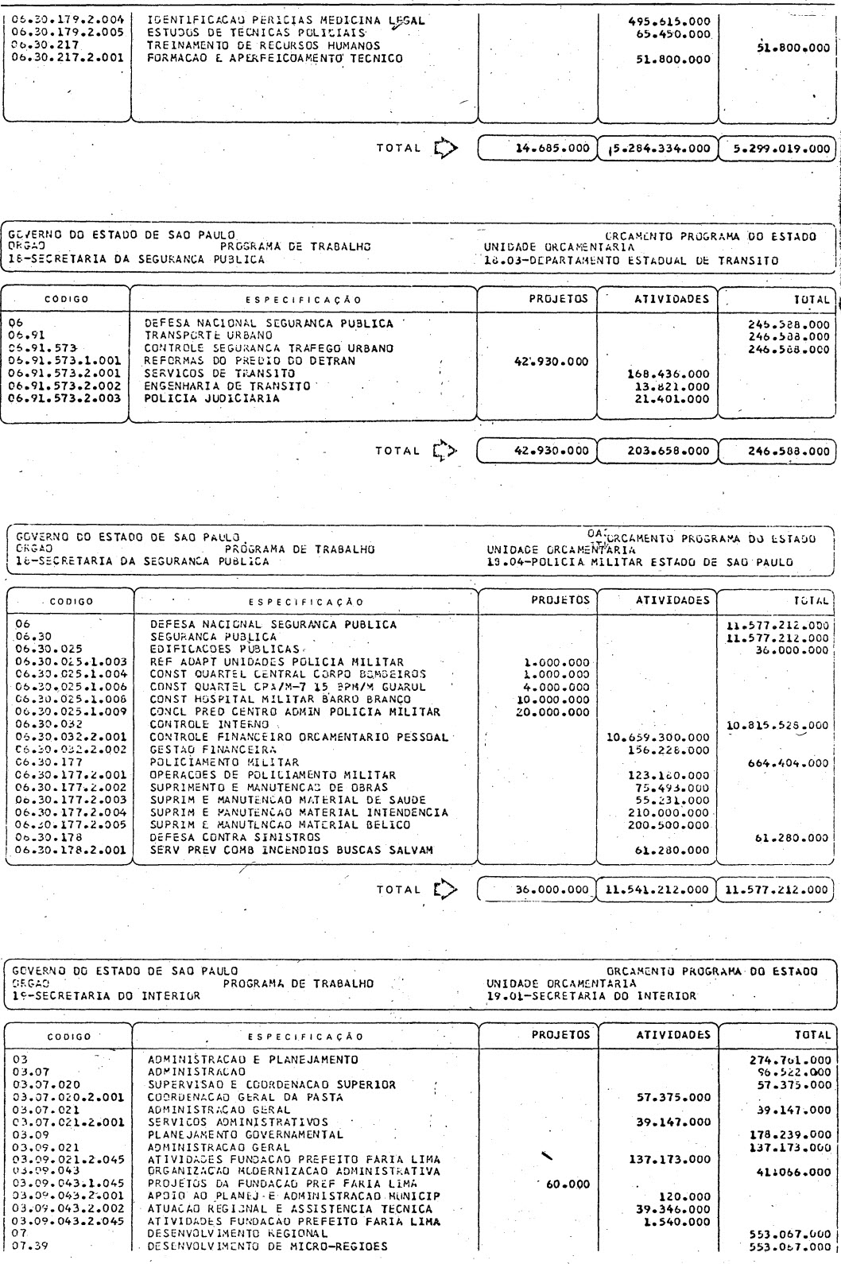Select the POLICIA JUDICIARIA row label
(x=212, y=398)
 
